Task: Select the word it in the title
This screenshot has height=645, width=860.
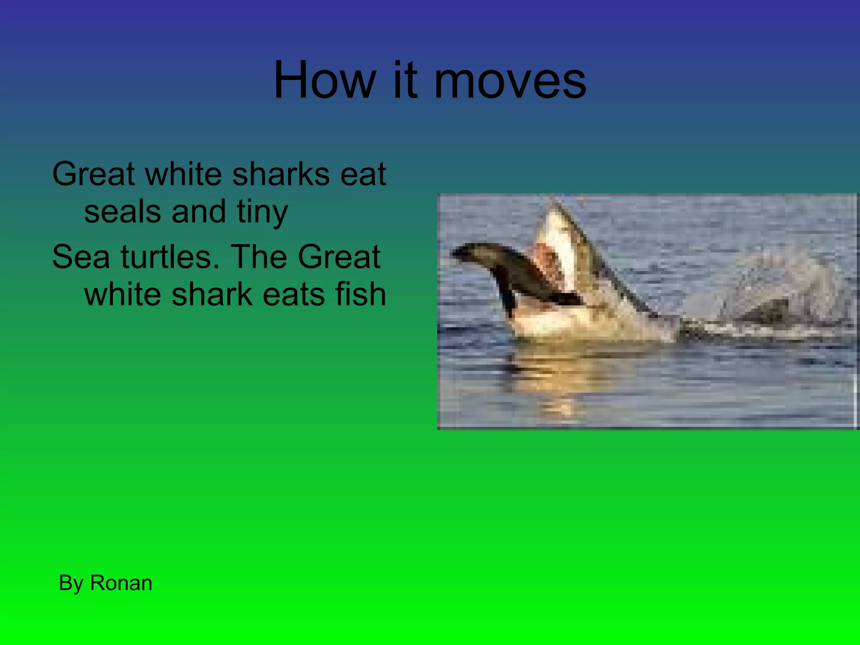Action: (x=405, y=80)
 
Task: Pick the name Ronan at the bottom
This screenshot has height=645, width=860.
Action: (x=121, y=583)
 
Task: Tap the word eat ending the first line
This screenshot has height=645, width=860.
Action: (x=363, y=174)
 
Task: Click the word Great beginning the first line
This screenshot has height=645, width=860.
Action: (x=93, y=174)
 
